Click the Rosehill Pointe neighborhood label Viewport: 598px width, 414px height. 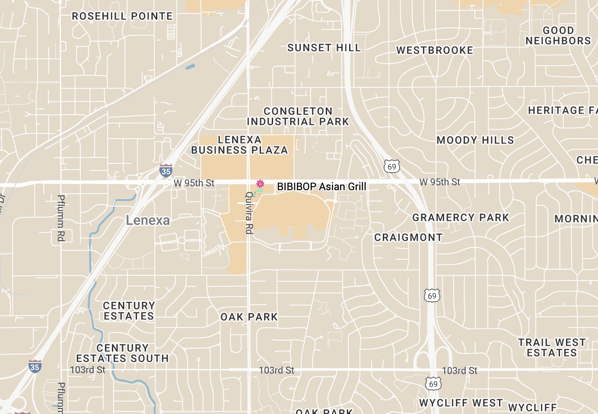pyautogui.click(x=122, y=16)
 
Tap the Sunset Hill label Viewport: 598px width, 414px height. pyautogui.click(x=324, y=48)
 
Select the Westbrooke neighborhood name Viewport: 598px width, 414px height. pyautogui.click(x=435, y=51)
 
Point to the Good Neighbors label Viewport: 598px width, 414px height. pyautogui.click(x=558, y=35)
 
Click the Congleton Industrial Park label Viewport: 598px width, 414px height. pyautogui.click(x=298, y=117)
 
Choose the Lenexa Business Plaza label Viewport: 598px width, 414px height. pyautogui.click(x=239, y=145)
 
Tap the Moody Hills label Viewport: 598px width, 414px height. pyautogui.click(x=475, y=140)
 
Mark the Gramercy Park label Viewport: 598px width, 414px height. pyautogui.click(x=461, y=217)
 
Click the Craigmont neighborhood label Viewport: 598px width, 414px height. pyautogui.click(x=408, y=238)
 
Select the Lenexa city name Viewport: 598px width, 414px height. pyautogui.click(x=148, y=220)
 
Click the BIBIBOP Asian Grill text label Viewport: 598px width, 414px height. pyautogui.click(x=321, y=187)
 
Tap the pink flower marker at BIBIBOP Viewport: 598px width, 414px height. pyautogui.click(x=260, y=184)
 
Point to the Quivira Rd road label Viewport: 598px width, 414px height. pyautogui.click(x=249, y=213)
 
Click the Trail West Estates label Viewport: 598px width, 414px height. pyautogui.click(x=552, y=347)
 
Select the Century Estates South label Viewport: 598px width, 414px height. pyautogui.click(x=123, y=353)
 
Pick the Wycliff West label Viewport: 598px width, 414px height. pyautogui.click(x=461, y=403)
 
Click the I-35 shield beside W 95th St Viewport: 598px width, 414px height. pyautogui.click(x=166, y=170)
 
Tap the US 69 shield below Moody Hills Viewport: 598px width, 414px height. pyautogui.click(x=391, y=166)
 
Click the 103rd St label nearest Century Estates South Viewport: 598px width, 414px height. pyautogui.click(x=88, y=370)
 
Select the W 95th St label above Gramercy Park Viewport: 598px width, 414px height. pyautogui.click(x=439, y=182)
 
